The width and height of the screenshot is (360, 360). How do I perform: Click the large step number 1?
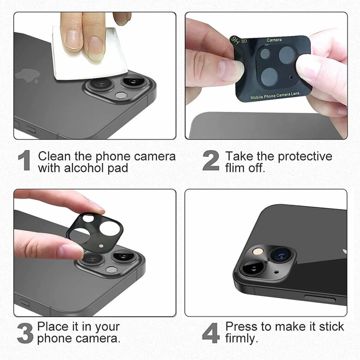(24, 160)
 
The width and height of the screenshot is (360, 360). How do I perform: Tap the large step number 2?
(211, 160)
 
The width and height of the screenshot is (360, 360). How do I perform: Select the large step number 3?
(25, 333)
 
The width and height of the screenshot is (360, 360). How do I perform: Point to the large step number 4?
(211, 333)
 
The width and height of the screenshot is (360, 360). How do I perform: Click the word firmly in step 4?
(241, 338)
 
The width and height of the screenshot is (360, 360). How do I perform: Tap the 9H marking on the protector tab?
(236, 41)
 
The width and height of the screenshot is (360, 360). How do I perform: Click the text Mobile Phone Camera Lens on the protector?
(275, 96)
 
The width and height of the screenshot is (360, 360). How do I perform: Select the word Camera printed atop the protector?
(274, 40)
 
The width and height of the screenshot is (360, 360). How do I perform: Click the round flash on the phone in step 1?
(121, 95)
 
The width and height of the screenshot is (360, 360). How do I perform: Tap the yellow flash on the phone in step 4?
(258, 252)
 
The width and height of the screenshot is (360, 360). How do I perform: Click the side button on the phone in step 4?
(320, 299)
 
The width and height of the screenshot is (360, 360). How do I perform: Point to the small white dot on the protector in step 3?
(101, 246)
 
